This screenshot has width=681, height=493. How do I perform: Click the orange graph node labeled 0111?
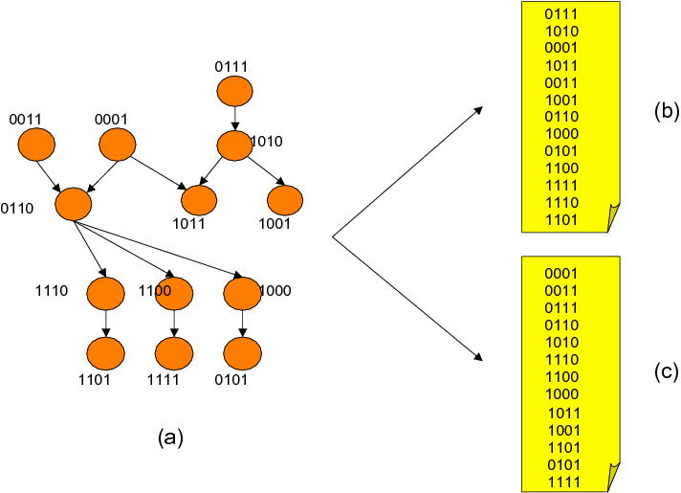pyautogui.click(x=234, y=92)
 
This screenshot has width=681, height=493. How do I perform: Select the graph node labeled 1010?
pyautogui.click(x=234, y=146)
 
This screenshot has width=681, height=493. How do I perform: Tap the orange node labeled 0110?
pyautogui.click(x=74, y=204)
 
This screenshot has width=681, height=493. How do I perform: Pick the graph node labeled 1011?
pyautogui.click(x=199, y=200)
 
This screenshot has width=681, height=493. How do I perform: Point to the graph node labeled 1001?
pyautogui.click(x=284, y=200)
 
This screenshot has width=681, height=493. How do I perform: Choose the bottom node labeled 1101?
pyautogui.click(x=105, y=355)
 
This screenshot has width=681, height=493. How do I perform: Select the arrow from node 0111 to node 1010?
pyautogui.click(x=234, y=119)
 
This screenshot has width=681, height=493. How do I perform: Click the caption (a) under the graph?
pyautogui.click(x=169, y=437)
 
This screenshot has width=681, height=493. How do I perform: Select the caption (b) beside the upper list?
pyautogui.click(x=666, y=111)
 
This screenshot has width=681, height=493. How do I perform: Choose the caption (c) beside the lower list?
pyautogui.click(x=666, y=373)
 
